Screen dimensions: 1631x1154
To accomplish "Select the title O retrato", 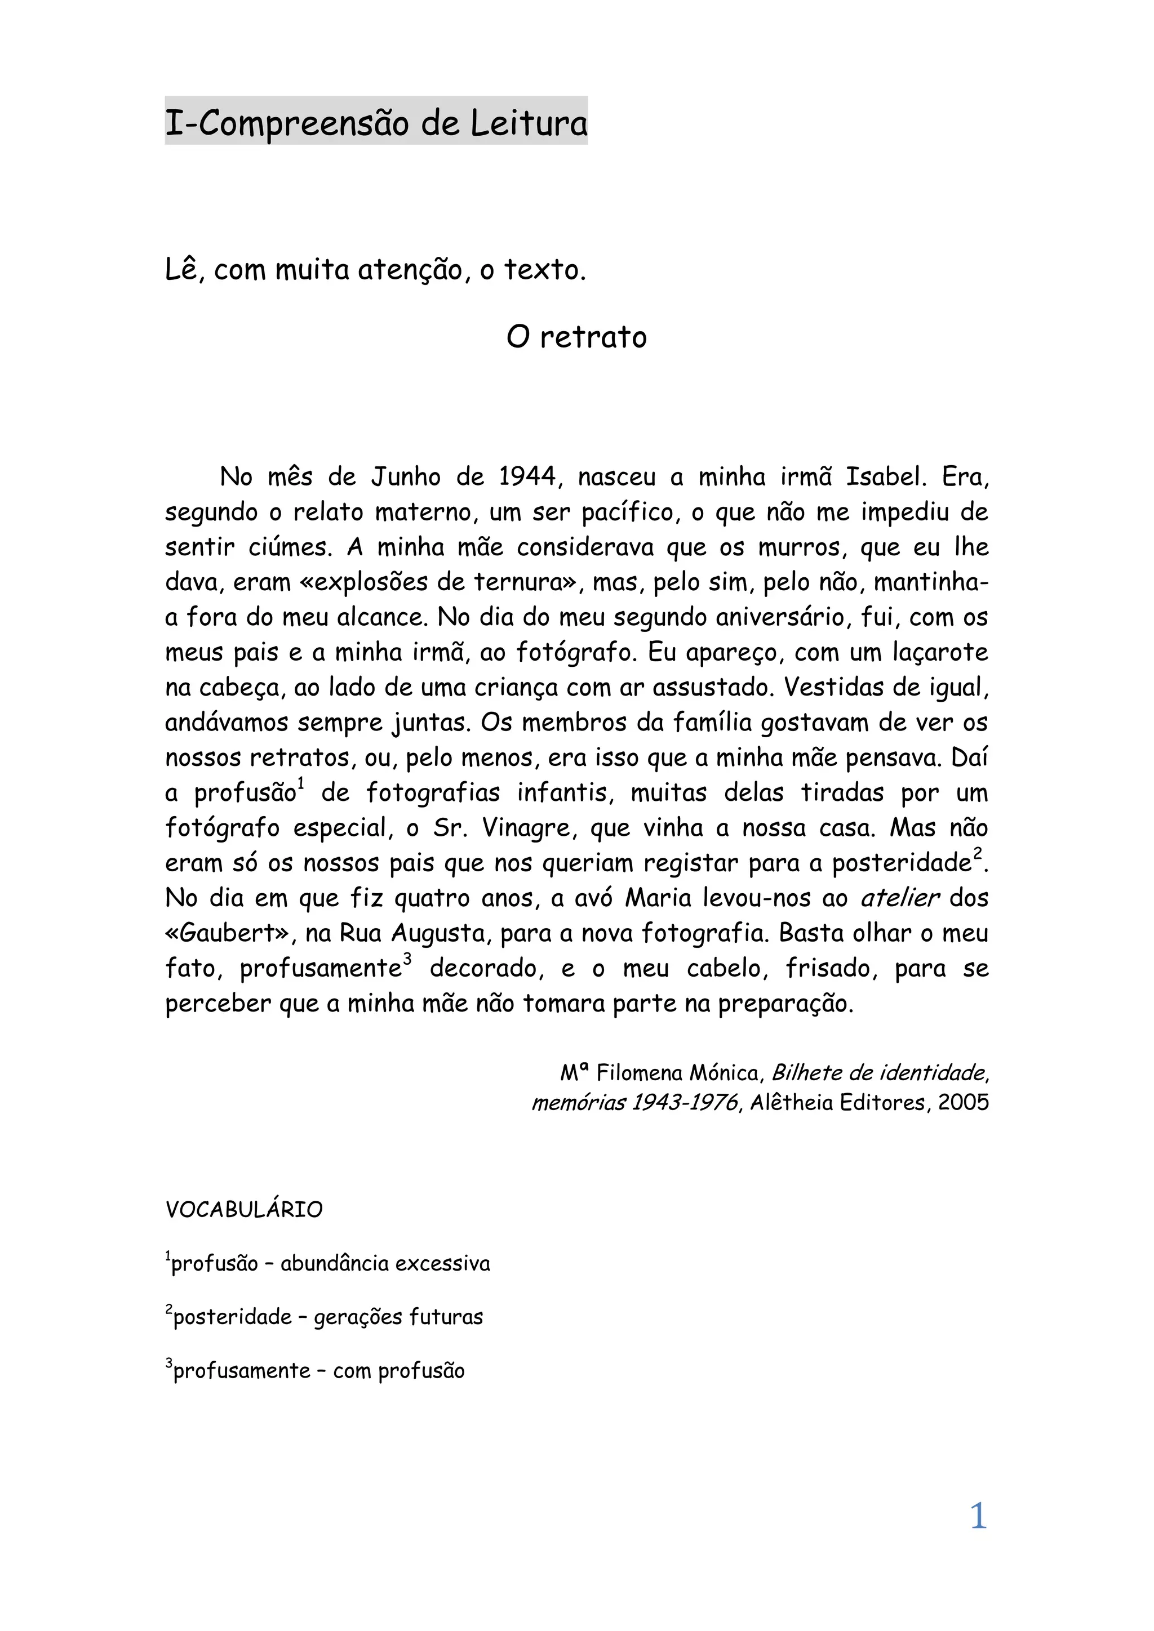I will (x=576, y=337).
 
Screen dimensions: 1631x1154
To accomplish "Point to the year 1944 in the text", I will (x=526, y=476).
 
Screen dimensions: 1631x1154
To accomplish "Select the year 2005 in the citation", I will (x=963, y=1103).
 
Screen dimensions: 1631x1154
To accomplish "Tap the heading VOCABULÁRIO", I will (x=244, y=1209).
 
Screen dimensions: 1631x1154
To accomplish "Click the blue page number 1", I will (x=979, y=1517).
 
